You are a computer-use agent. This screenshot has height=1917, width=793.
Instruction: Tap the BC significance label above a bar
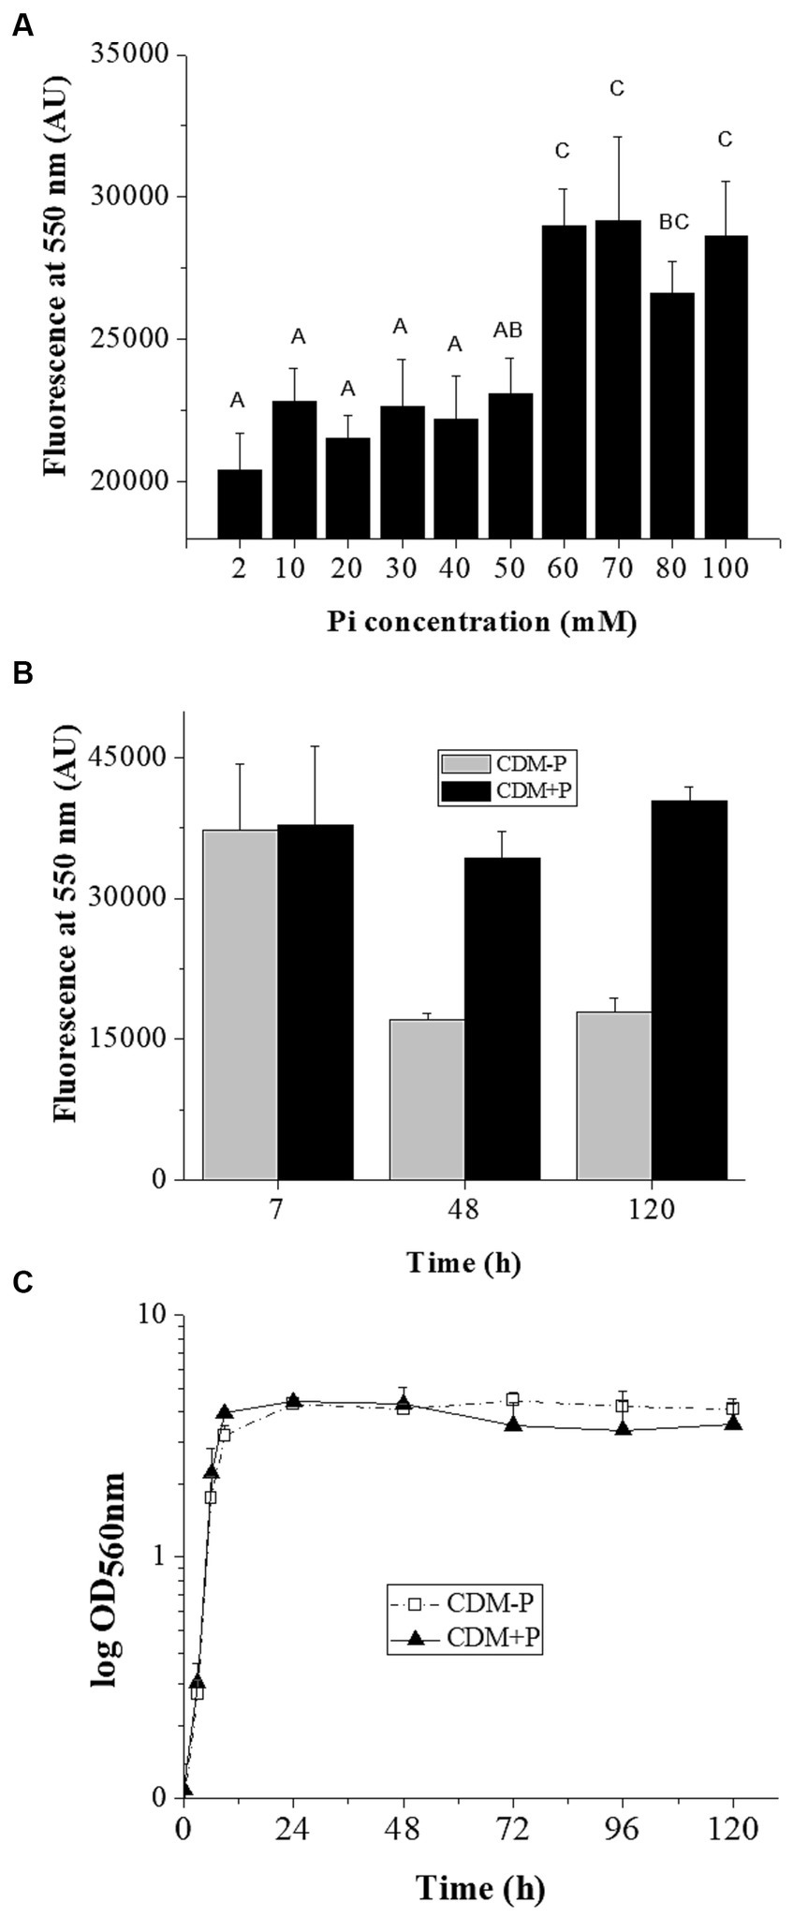[673, 222]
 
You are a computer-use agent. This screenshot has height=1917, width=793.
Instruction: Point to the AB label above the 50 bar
[507, 330]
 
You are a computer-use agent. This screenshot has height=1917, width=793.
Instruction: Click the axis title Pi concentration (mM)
[482, 622]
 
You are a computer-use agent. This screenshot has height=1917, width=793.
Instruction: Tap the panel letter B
[22, 674]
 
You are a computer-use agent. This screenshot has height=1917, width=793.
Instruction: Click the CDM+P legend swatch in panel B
[465, 791]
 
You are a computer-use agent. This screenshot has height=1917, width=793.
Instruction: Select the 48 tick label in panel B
[464, 1209]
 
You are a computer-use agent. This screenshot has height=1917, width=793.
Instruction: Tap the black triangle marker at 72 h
[513, 1423]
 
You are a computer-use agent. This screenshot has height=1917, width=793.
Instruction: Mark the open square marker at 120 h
[732, 1408]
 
